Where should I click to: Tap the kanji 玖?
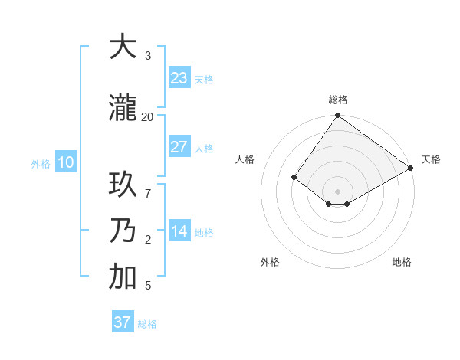tap(123, 186)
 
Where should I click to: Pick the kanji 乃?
tap(123, 231)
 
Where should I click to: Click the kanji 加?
tap(123, 277)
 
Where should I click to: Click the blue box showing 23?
tap(179, 77)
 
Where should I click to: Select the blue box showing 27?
tap(179, 147)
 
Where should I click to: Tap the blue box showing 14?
tap(179, 231)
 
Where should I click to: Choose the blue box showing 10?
tap(65, 162)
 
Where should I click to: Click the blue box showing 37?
tap(122, 322)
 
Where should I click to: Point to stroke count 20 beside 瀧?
tap(147, 116)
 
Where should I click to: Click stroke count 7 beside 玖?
tap(147, 185)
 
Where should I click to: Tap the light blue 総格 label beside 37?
tap(147, 324)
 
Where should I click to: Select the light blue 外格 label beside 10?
tap(41, 163)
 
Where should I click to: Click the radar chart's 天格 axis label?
tap(431, 159)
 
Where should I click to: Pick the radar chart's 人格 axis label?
tap(245, 159)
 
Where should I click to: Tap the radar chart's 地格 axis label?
tap(402, 262)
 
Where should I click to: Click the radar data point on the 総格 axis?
tap(337, 116)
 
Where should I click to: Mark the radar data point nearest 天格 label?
tap(411, 168)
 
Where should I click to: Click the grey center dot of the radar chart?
tap(337, 191)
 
